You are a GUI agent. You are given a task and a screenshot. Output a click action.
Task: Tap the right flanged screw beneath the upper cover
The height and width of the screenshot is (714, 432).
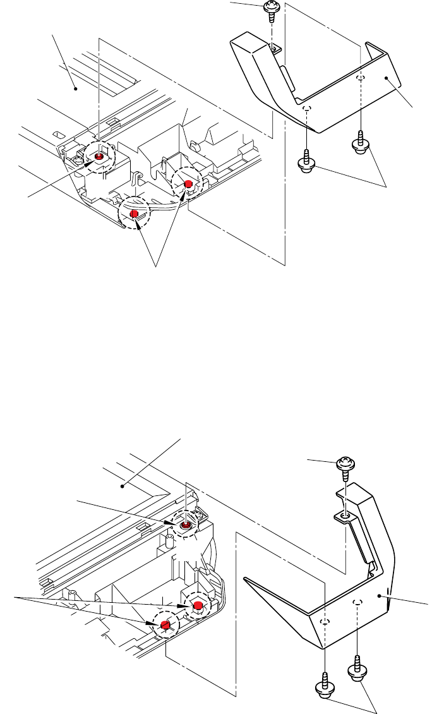coord(361,146)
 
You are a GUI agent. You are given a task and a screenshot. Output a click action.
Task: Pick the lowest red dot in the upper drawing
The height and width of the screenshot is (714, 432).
coord(134,215)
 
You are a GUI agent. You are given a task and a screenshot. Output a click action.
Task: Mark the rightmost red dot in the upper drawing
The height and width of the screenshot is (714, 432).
coord(188,183)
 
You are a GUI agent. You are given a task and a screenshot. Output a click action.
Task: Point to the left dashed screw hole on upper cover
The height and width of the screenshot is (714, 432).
coord(306,109)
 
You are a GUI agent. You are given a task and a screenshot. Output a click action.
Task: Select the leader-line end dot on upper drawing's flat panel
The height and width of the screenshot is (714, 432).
coord(76,89)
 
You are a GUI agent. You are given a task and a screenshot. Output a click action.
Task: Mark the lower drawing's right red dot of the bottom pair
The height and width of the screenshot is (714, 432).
coord(198,606)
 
